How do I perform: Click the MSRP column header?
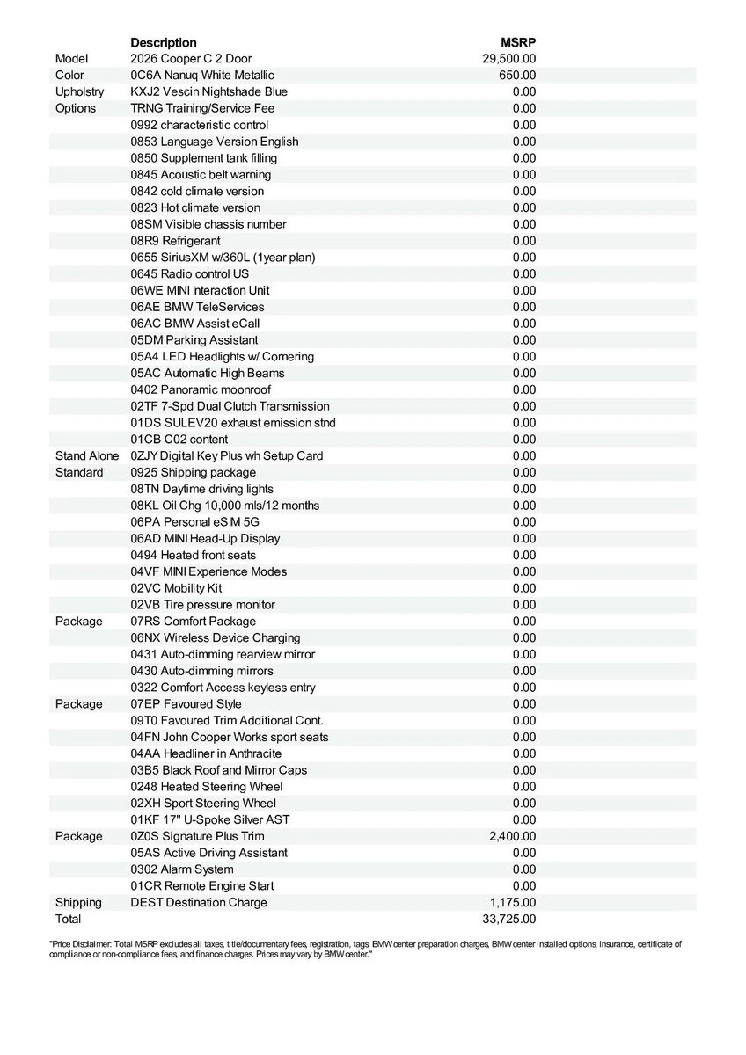[518, 42]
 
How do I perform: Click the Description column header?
[164, 42]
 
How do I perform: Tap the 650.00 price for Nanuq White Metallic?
[517, 76]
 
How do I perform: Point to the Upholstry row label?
[79, 92]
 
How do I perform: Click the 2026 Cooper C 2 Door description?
[191, 59]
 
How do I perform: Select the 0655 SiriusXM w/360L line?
[223, 258]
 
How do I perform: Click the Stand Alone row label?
[88, 456]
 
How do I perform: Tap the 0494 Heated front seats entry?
[194, 556]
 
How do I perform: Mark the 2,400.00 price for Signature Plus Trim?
[512, 836]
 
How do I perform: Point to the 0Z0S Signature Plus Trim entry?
[197, 836]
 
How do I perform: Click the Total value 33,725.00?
[509, 920]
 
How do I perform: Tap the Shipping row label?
[78, 903]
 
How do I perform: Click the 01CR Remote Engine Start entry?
[202, 886]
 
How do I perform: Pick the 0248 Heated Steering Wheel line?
[207, 787]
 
